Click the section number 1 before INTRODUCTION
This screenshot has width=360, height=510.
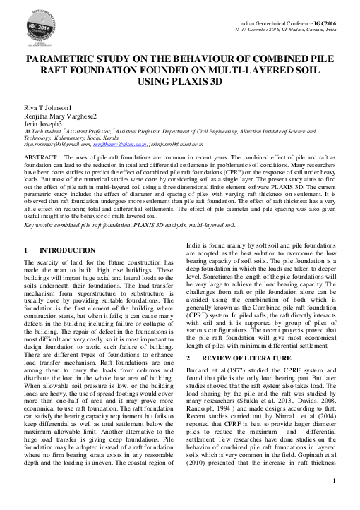point(26,230)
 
